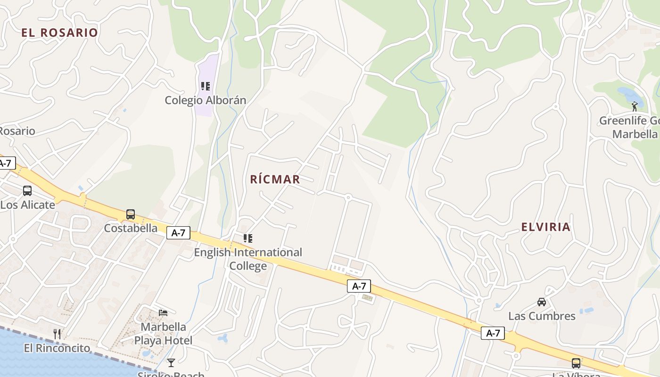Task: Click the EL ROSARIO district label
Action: (x=59, y=33)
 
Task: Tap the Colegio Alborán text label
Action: (x=206, y=100)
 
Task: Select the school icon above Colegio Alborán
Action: (x=206, y=86)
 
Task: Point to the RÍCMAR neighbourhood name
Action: (x=275, y=179)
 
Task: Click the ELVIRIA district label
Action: (x=546, y=227)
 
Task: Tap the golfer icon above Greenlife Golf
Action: (x=635, y=107)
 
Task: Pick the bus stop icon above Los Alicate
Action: (x=27, y=191)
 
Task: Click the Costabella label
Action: (x=131, y=228)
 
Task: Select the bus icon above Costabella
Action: (x=131, y=214)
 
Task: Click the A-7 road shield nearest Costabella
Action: (x=178, y=232)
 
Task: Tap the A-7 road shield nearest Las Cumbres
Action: (x=493, y=333)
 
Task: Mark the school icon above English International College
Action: (x=248, y=238)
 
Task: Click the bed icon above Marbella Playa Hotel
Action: (x=163, y=312)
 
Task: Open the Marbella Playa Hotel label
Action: (x=163, y=333)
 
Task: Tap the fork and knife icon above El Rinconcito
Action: (x=57, y=334)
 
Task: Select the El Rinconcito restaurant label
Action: (x=57, y=348)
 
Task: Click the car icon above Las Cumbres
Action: (x=542, y=302)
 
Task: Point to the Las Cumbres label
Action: (x=542, y=316)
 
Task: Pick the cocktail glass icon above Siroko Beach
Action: (x=171, y=362)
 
